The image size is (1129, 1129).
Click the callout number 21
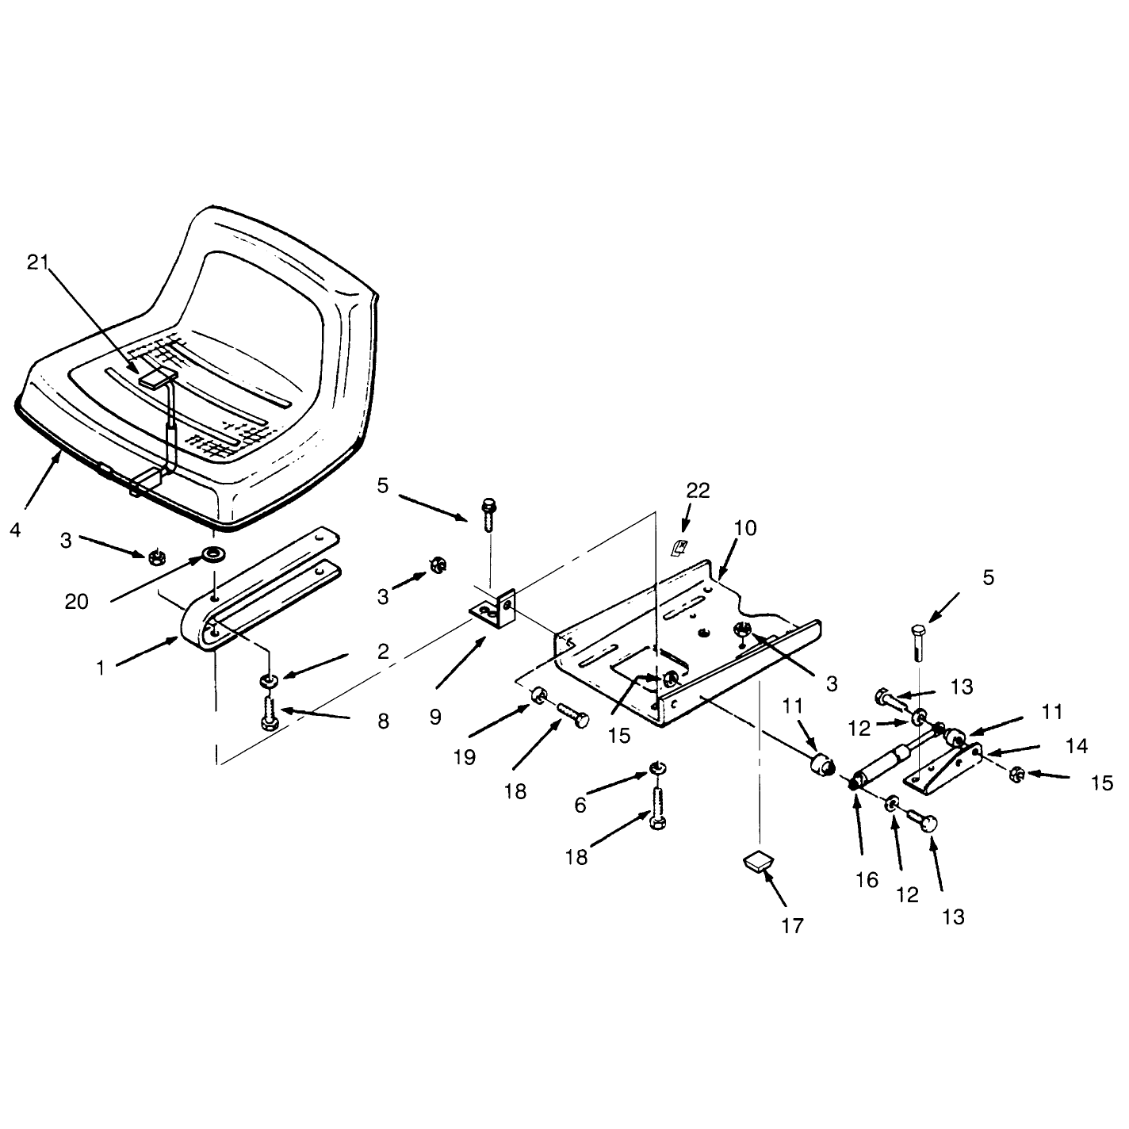pos(38,263)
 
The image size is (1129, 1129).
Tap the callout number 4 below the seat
pos(15,530)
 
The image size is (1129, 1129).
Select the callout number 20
pos(76,602)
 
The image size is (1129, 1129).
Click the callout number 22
pos(698,491)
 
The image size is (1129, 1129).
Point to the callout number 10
pos(745,528)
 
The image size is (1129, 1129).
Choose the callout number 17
pos(792,926)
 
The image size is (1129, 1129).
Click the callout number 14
pos(1077,746)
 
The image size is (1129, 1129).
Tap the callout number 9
pos(434,718)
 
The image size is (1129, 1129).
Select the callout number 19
pos(465,757)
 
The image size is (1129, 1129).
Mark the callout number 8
pos(383,721)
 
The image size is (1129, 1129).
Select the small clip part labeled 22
pos(679,548)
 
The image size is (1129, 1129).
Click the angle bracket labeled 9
pos(496,610)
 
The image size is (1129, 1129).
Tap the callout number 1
pos(101,668)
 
